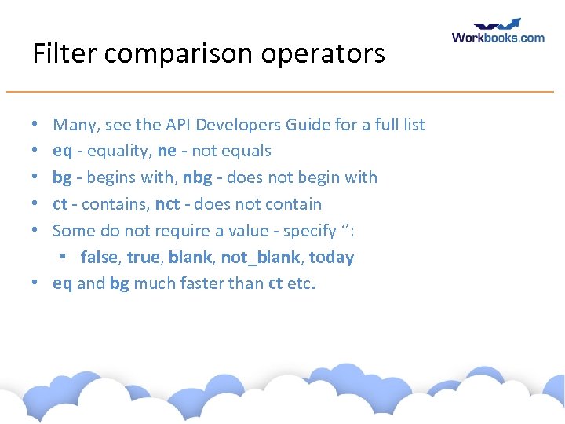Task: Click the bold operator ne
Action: (167, 151)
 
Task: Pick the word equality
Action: (117, 151)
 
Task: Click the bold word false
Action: (99, 258)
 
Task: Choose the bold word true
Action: (143, 258)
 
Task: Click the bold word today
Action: (332, 258)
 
